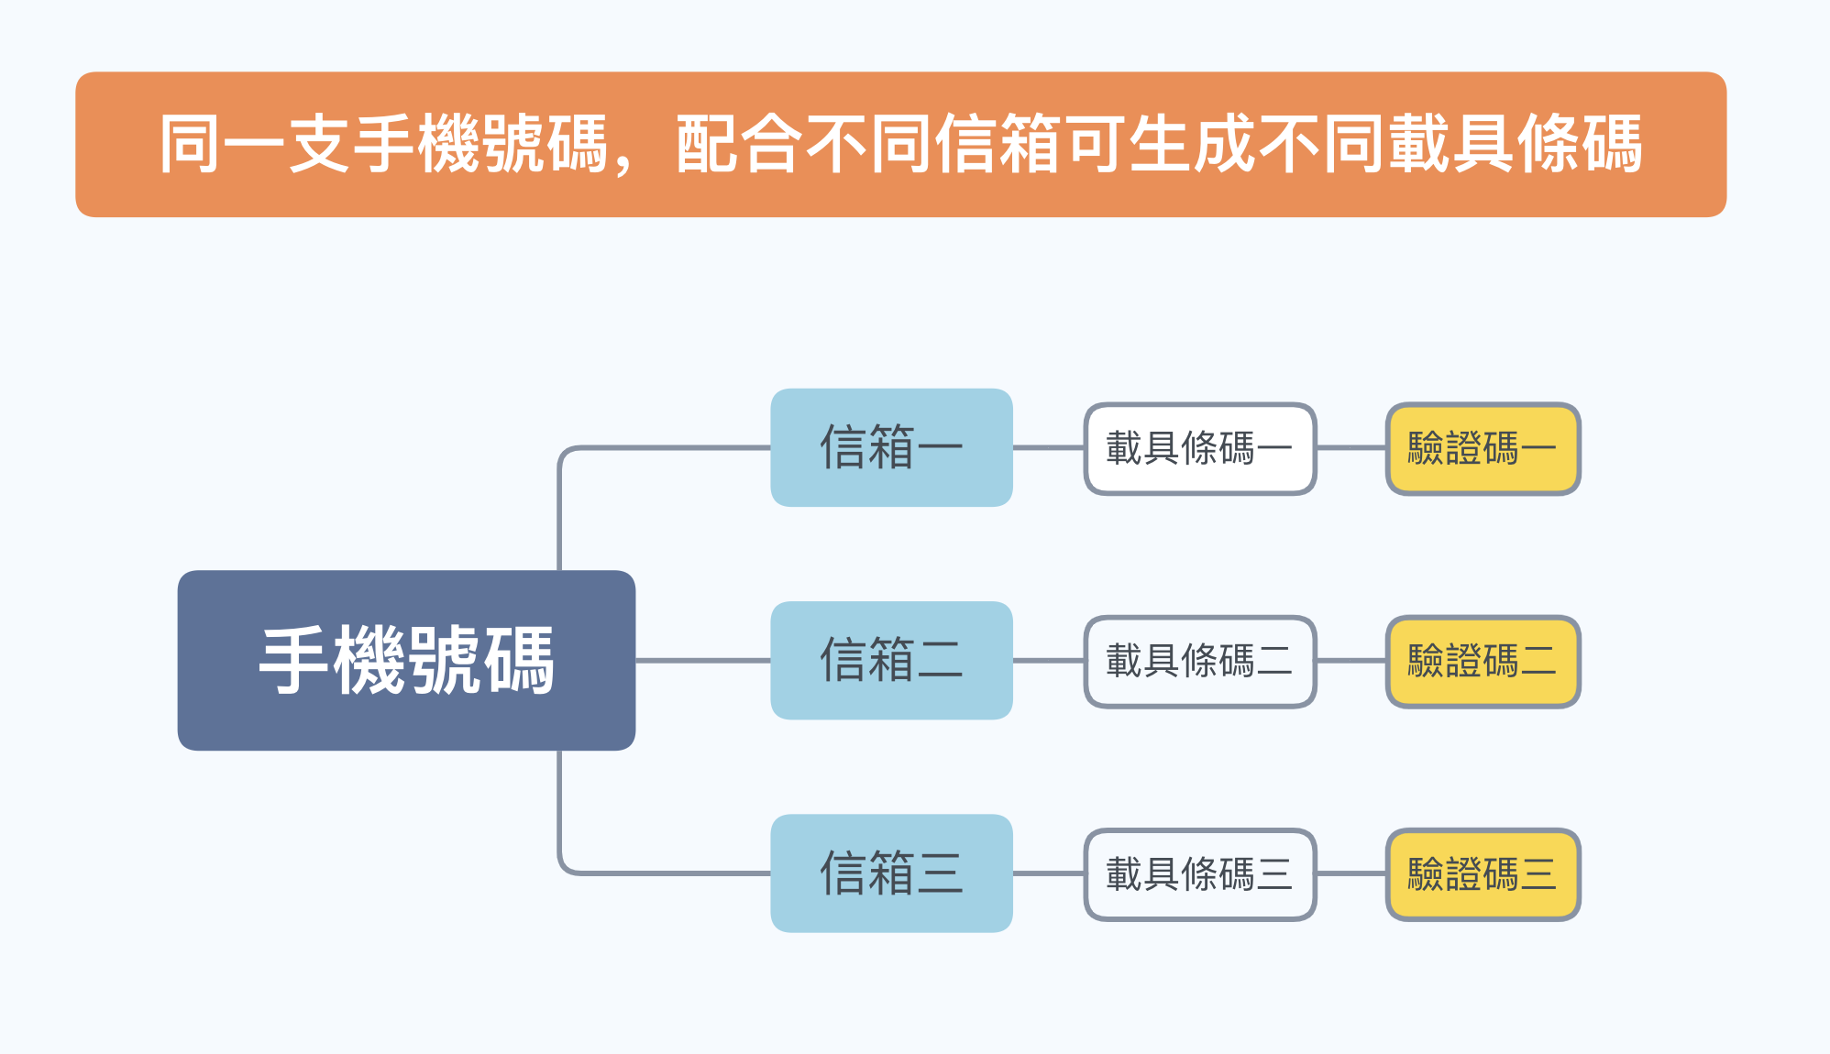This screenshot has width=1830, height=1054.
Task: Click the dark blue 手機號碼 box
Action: [406, 660]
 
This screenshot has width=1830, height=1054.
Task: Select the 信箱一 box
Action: [891, 447]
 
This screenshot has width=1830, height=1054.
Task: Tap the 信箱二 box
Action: [891, 660]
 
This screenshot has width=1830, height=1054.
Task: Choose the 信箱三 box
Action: [891, 873]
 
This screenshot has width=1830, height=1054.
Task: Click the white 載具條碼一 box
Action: [1200, 448]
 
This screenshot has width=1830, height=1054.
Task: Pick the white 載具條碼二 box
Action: [1200, 661]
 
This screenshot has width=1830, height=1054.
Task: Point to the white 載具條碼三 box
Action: [1200, 874]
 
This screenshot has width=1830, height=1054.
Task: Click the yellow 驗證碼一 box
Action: [1483, 448]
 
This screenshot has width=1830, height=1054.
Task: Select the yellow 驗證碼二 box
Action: [1483, 661]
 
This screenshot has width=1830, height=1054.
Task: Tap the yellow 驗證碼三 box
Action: [1483, 874]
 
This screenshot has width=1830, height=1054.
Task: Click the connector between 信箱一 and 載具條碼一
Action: [1048, 448]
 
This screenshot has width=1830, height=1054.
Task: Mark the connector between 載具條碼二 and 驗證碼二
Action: [1350, 661]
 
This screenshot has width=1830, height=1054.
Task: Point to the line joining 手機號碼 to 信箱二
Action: [703, 660]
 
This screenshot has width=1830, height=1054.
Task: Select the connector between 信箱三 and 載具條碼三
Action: [1048, 873]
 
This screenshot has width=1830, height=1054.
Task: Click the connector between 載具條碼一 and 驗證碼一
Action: [1350, 448]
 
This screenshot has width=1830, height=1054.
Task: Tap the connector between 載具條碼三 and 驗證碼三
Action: [1350, 873]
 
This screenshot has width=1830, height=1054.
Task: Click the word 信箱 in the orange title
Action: [998, 144]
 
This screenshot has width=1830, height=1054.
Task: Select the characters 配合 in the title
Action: [739, 144]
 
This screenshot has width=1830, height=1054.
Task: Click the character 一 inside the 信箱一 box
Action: [940, 448]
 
